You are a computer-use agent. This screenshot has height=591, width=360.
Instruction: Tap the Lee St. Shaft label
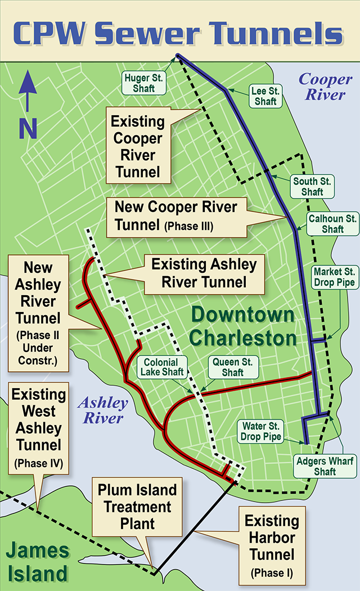[x=265, y=96]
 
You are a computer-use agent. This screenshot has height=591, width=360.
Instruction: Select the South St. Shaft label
[x=312, y=186]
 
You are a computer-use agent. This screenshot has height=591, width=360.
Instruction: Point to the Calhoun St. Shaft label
[x=332, y=223]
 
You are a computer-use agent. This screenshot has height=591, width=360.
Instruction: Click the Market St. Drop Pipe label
[x=335, y=276]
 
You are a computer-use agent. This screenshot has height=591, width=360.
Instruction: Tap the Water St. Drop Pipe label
[x=260, y=431]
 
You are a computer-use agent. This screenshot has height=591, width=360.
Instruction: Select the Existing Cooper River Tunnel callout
[x=138, y=146]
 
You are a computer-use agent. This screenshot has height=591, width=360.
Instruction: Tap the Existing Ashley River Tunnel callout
[x=204, y=273]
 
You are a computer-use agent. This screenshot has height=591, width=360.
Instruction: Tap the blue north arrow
[x=28, y=107]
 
